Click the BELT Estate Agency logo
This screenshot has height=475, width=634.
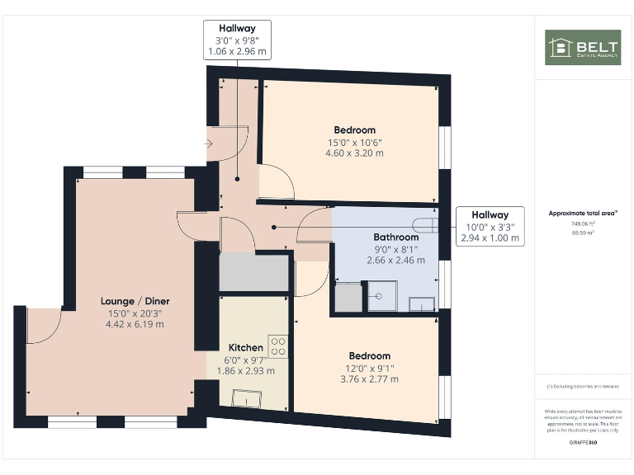(583, 48)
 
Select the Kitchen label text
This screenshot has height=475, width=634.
(246, 348)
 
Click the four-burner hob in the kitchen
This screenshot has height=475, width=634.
(278, 346)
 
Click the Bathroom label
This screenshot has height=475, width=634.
(396, 237)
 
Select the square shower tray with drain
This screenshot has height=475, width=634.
(381, 297)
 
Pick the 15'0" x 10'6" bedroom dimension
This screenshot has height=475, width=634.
(354, 142)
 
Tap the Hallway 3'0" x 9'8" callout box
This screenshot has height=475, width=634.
(238, 40)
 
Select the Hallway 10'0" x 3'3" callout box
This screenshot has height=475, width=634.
(490, 226)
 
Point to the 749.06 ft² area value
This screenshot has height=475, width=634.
(583, 223)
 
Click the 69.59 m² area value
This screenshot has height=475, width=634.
(583, 233)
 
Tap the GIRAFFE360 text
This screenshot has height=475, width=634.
(583, 443)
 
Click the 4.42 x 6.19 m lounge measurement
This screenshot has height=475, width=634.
(135, 324)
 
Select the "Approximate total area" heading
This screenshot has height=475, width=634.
(583, 213)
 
